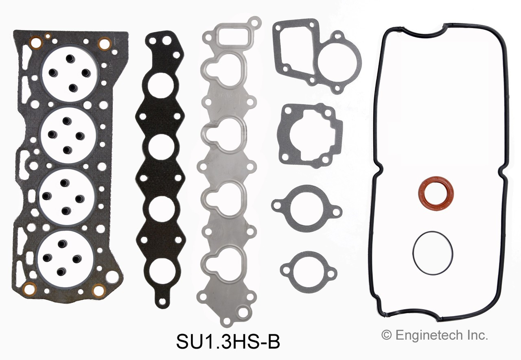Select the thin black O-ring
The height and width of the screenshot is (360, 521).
tap(432, 253)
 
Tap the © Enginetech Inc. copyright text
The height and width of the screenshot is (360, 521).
tap(434, 335)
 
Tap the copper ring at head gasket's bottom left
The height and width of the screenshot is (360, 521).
tap(31, 289)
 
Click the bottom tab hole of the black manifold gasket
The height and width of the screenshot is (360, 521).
tap(162, 302)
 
